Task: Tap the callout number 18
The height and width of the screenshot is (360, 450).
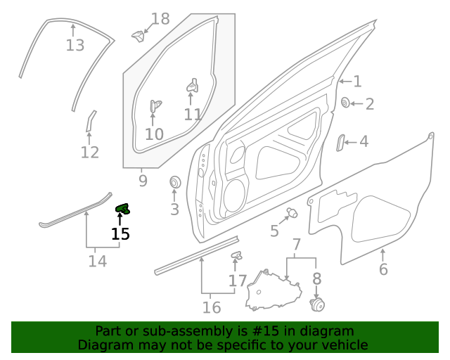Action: (x=161, y=19)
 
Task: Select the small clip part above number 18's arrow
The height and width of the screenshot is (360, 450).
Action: (x=138, y=34)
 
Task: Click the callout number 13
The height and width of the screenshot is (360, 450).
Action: (x=75, y=46)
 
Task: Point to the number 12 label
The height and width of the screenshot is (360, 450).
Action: (x=90, y=153)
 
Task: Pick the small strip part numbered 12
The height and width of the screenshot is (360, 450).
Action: (x=90, y=121)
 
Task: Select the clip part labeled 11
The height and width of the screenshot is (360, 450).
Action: (x=191, y=86)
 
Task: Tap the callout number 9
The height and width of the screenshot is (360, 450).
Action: (x=143, y=181)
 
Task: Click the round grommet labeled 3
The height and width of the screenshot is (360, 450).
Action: (x=174, y=184)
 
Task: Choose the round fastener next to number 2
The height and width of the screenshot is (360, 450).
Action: (x=347, y=103)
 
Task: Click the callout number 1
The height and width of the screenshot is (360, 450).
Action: (x=357, y=82)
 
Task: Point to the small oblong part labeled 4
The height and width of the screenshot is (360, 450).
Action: (x=340, y=142)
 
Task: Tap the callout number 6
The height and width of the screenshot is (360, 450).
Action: (x=383, y=269)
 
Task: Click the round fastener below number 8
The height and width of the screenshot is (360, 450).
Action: (x=317, y=304)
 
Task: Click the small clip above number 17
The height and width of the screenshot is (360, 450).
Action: (x=237, y=255)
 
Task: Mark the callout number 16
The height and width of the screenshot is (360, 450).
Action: (x=212, y=307)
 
